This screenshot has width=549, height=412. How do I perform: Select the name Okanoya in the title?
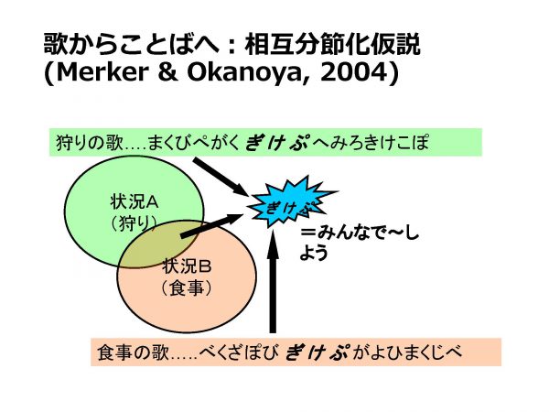[242, 72]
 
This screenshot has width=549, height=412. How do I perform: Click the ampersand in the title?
[167, 71]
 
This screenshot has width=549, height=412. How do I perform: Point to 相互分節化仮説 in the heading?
[333, 45]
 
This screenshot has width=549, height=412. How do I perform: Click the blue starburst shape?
[292, 203]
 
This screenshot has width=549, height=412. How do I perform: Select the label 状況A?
[135, 202]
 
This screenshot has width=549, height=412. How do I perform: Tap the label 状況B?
[187, 266]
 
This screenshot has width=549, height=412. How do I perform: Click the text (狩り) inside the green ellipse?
[133, 222]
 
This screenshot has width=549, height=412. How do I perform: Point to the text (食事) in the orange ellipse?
[187, 288]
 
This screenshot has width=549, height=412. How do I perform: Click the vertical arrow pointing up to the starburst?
[273, 281]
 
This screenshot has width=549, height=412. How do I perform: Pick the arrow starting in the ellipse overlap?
[211, 226]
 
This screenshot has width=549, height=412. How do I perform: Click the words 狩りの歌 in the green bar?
[90, 143]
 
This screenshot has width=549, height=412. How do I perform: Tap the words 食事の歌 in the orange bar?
[133, 352]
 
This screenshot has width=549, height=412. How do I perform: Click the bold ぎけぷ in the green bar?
[276, 143]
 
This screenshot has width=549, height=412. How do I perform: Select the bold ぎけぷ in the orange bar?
[317, 352]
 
